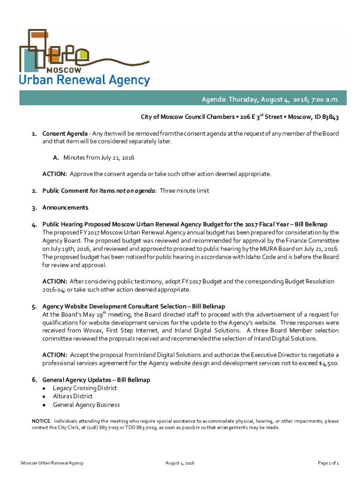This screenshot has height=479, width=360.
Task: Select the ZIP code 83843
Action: pyautogui.click(x=328, y=117)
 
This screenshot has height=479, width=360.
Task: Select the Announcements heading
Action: pyautogui.click(x=65, y=207)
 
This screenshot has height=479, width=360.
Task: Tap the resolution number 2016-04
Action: pyautogui.click(x=55, y=290)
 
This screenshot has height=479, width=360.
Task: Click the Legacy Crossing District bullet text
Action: pyautogui.click(x=85, y=388)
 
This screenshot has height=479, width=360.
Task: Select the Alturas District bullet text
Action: pyautogui.click(x=72, y=397)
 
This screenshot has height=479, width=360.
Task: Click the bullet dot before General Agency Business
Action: pyautogui.click(x=44, y=405)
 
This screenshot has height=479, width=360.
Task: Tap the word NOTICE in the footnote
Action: pyautogui.click(x=41, y=421)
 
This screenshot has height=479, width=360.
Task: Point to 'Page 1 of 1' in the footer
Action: pyautogui.click(x=328, y=463)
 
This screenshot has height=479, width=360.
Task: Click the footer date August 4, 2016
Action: pyautogui.click(x=180, y=463)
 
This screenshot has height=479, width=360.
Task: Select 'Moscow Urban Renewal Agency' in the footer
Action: pyautogui.click(x=52, y=463)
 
